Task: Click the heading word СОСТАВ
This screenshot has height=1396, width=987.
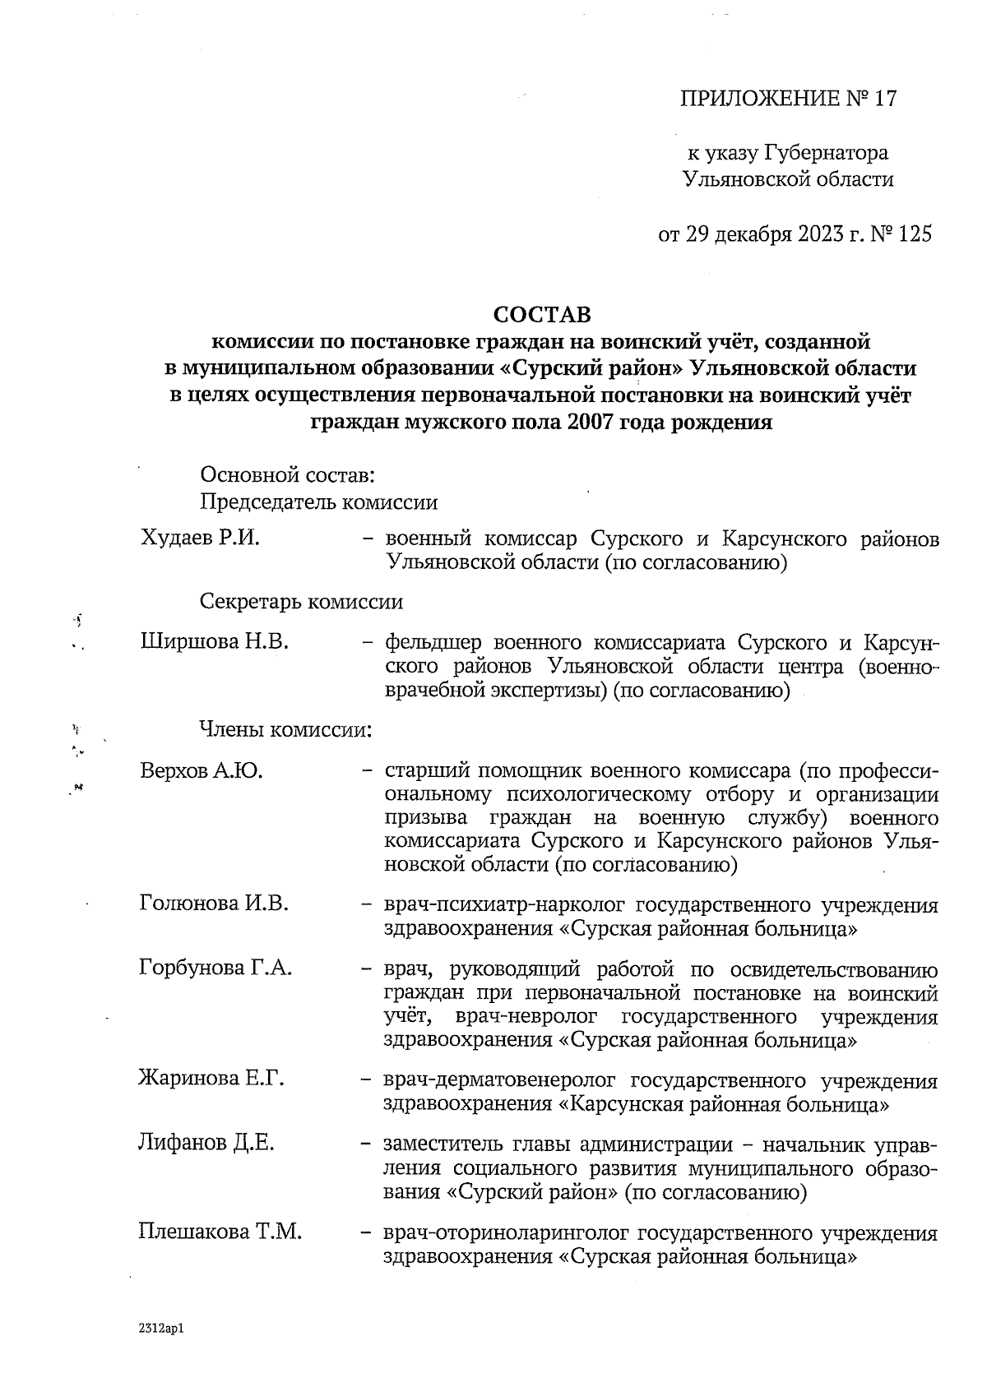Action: click(542, 314)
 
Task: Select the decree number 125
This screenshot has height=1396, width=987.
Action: click(915, 235)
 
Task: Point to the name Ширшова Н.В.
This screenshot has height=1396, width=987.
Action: click(215, 640)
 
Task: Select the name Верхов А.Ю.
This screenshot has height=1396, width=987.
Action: click(202, 771)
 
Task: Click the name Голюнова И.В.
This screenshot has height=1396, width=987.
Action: click(214, 904)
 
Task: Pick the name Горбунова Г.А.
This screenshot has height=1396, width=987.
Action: click(216, 968)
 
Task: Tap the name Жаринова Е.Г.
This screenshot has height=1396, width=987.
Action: click(211, 1078)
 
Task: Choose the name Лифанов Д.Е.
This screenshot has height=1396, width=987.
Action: click(206, 1143)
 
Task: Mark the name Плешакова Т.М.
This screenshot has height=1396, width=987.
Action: click(220, 1232)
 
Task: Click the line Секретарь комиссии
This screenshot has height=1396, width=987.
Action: click(302, 602)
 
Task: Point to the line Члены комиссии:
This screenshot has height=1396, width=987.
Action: click(285, 729)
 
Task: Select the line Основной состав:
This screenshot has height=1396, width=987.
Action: click(287, 474)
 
